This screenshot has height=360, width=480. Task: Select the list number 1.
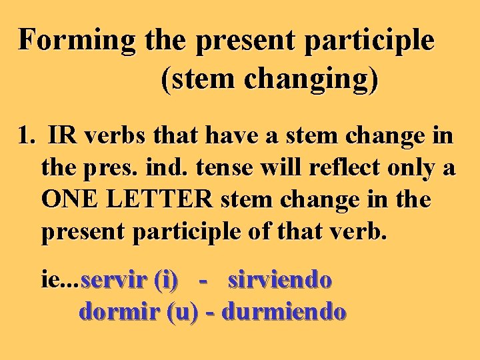pyautogui.click(x=26, y=137)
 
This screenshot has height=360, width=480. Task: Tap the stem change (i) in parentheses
pyautogui.click(x=165, y=281)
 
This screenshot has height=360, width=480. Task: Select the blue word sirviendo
pyautogui.click(x=279, y=281)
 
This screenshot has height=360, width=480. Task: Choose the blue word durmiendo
pyautogui.click(x=284, y=311)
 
